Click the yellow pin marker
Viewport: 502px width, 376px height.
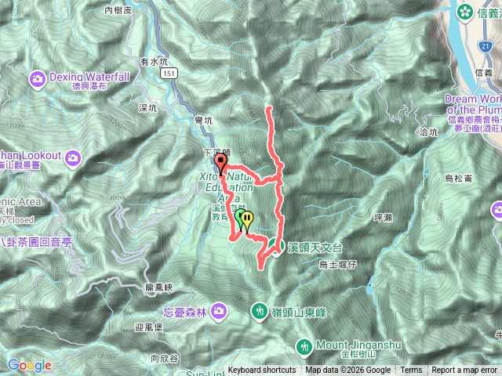click(x=248, y=219)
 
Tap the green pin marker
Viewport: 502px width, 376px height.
click(x=240, y=216)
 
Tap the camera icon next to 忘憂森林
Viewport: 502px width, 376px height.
click(x=219, y=313)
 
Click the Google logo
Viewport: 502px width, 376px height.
click(x=29, y=365)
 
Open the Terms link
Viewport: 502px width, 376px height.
click(x=411, y=371)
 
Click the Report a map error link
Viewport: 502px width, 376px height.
click(x=465, y=371)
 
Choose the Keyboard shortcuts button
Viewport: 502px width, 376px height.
click(x=262, y=371)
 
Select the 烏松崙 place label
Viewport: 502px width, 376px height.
click(x=458, y=179)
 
